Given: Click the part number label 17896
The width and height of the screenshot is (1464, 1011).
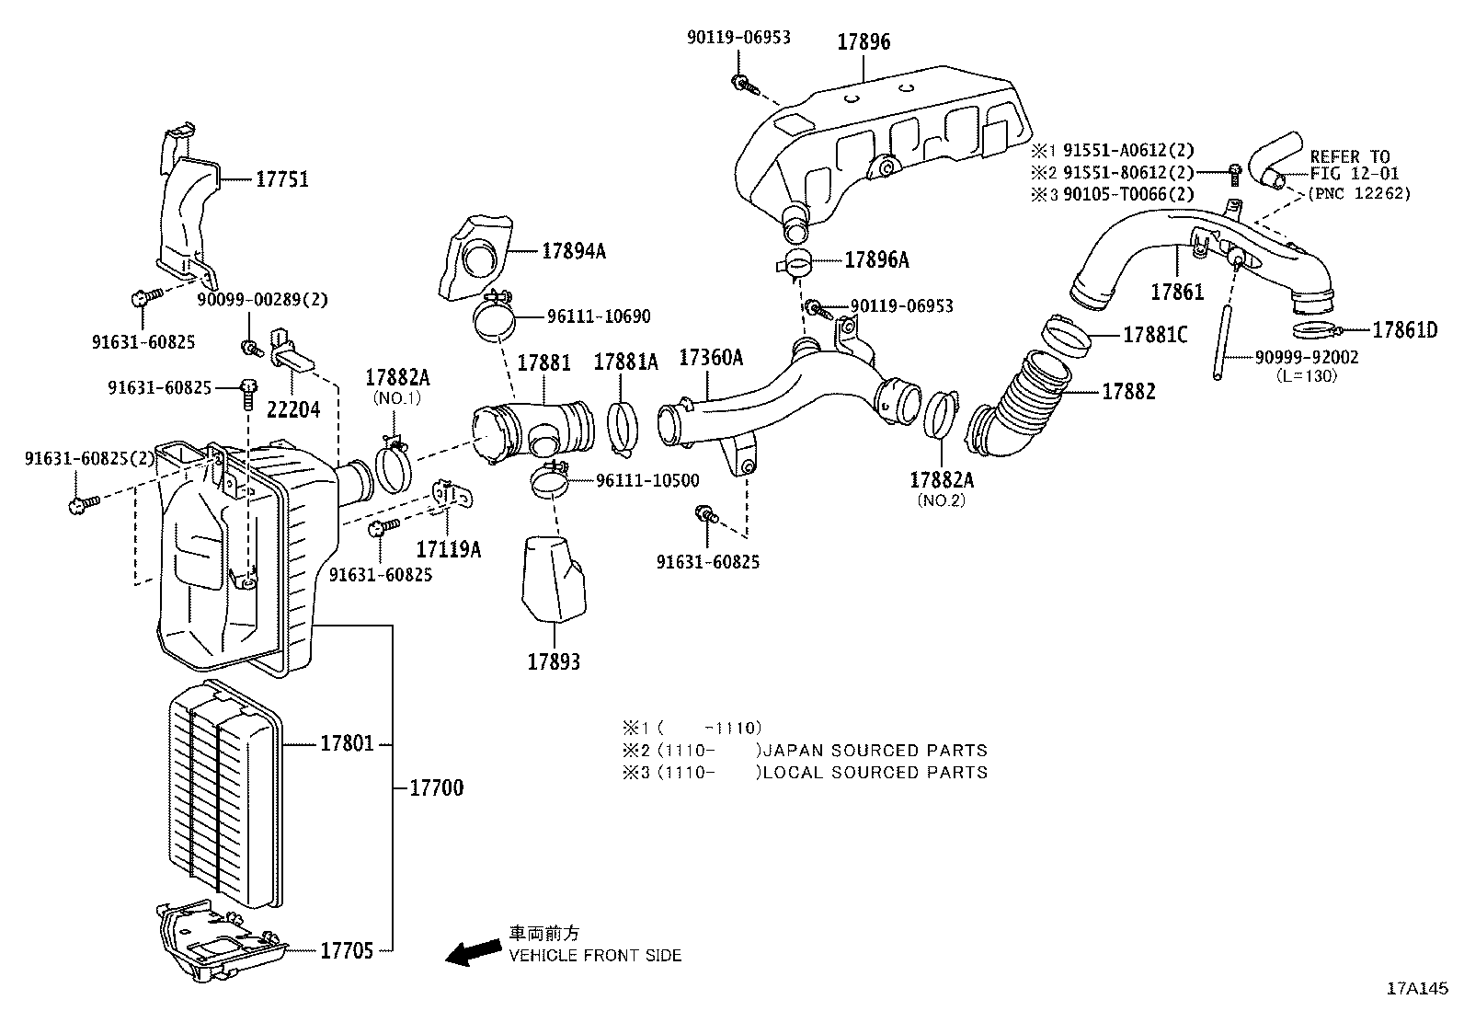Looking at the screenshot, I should pyautogui.click(x=863, y=42).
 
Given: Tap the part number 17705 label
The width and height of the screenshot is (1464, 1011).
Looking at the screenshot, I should pyautogui.click(x=347, y=950).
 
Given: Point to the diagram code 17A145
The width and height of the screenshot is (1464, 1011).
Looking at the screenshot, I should pyautogui.click(x=1417, y=990).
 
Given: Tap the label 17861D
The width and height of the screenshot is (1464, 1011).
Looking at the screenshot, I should pyautogui.click(x=1404, y=329).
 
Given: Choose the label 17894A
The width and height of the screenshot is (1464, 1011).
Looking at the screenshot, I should pyautogui.click(x=573, y=250).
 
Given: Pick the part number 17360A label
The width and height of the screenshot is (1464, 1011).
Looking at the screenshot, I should pyautogui.click(x=710, y=358).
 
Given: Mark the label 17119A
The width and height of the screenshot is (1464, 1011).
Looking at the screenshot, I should pyautogui.click(x=448, y=549).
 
